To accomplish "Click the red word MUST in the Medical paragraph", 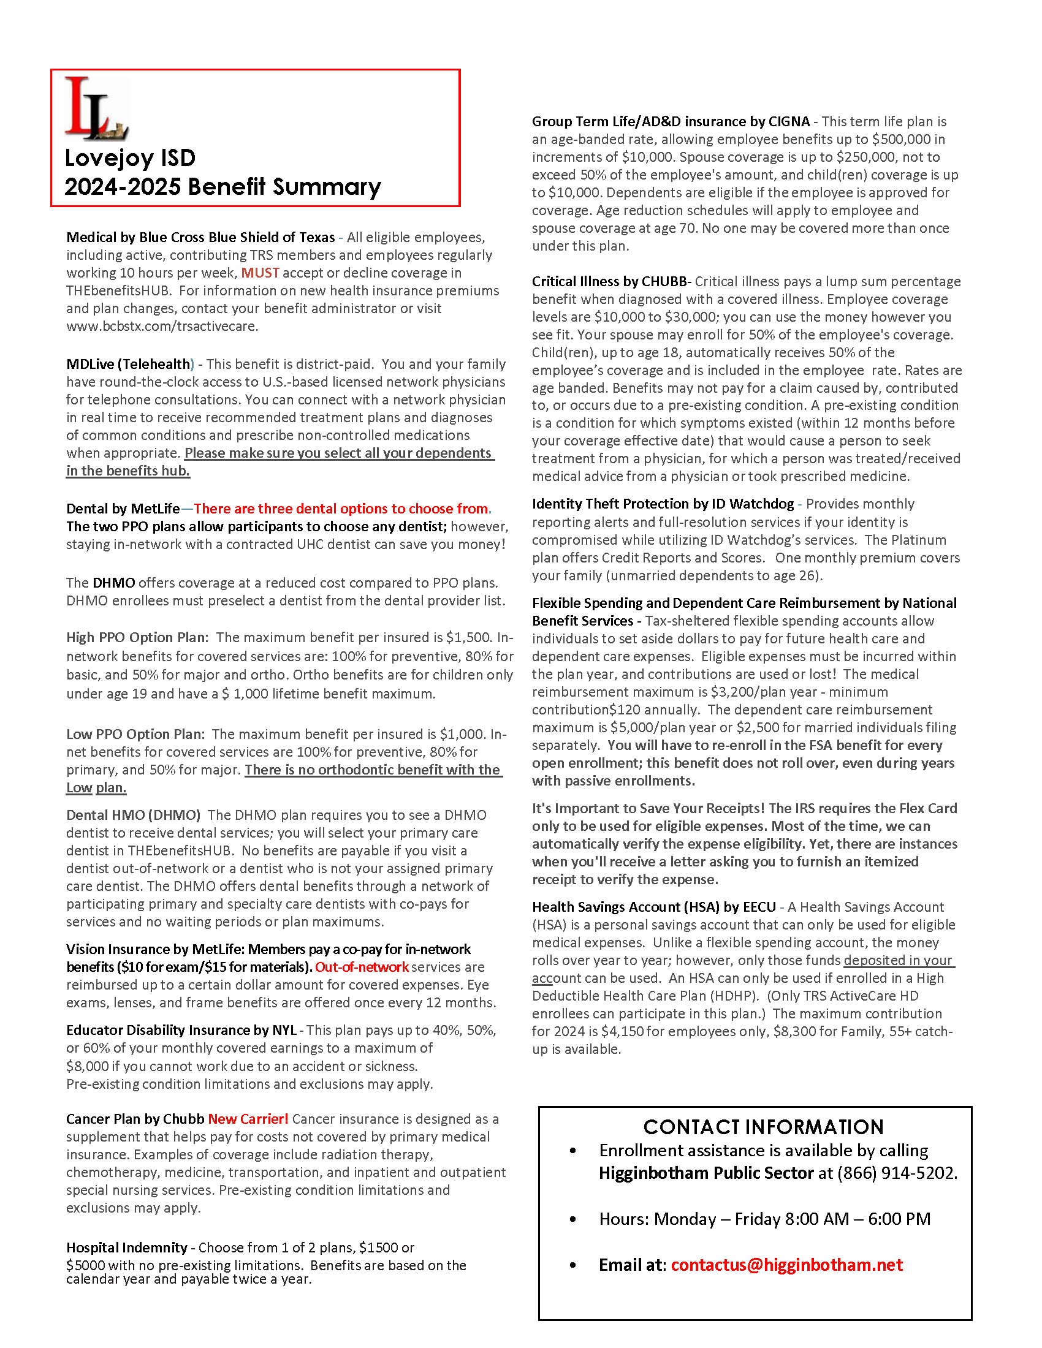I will pos(260,273).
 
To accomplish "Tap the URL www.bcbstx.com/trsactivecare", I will pos(162,326).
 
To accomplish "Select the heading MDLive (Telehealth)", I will pos(129,364).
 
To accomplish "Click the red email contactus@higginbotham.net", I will pos(786,1265).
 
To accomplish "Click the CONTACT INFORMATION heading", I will pos(763,1127).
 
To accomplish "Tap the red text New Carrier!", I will pos(248,1119).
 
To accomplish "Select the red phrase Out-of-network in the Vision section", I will pos(362,967).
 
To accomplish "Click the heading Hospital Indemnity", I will pos(126,1248).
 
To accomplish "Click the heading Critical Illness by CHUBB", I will pos(609,281).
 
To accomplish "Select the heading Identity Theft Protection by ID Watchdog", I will pos(663,504).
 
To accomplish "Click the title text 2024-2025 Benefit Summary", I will pos(222,186).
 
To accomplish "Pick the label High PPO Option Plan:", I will pos(137,638).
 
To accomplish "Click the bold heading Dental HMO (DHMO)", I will pos(134,815).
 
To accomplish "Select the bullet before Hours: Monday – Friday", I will pos(573,1219).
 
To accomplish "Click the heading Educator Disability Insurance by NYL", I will pos(181,1030).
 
